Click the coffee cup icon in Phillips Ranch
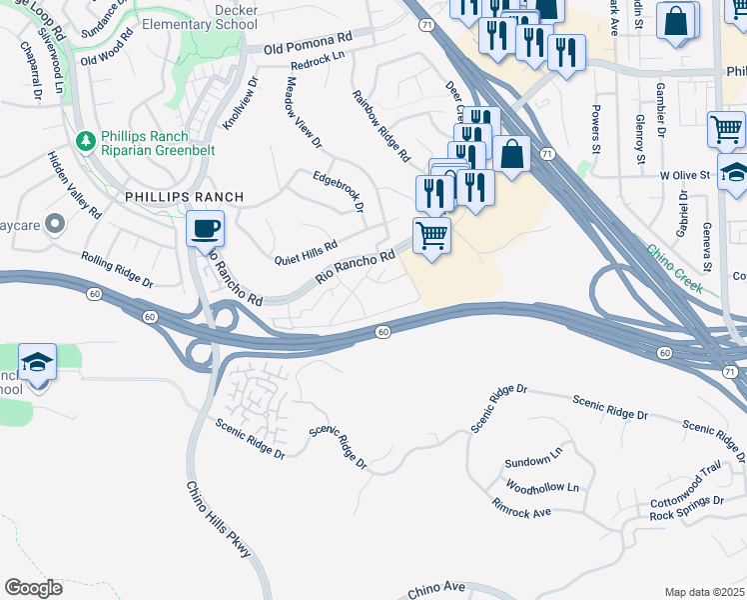(205, 229)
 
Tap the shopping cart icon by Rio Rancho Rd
(431, 237)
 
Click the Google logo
(34, 588)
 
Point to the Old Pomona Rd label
(309, 44)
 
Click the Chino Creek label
(674, 269)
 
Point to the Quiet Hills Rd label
(306, 252)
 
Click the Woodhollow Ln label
(542, 487)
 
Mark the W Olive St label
(684, 175)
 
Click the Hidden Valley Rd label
(75, 186)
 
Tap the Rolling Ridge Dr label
(118, 270)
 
